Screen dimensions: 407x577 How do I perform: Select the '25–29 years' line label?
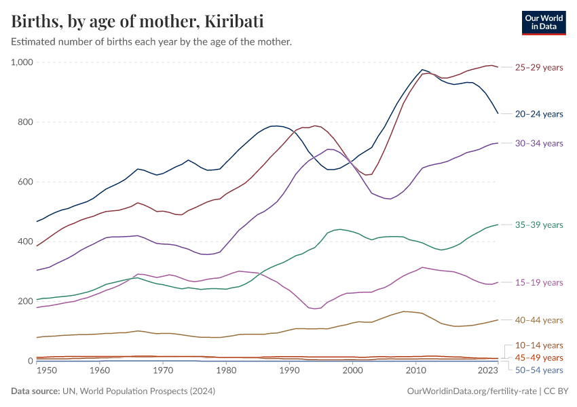point(539,68)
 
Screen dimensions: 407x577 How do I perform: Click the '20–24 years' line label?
point(539,114)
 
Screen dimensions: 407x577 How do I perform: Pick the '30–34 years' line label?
point(539,143)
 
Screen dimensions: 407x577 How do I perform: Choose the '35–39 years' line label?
point(539,225)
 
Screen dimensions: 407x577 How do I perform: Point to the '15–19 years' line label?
point(539,282)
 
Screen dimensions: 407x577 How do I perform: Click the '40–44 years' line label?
point(539,320)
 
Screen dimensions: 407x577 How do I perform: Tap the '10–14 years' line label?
point(539,345)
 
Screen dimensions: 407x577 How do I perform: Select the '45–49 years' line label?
point(539,357)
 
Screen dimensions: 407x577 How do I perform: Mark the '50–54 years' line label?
point(539,370)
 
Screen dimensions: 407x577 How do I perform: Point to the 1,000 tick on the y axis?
point(22,62)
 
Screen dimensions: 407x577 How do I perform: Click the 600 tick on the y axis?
point(26,182)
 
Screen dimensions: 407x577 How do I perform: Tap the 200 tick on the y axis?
point(26,301)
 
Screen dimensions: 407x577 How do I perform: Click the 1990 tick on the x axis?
point(289,371)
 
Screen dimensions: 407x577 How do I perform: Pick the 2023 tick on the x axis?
point(487,371)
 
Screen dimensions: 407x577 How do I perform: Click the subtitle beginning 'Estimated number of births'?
point(151,42)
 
